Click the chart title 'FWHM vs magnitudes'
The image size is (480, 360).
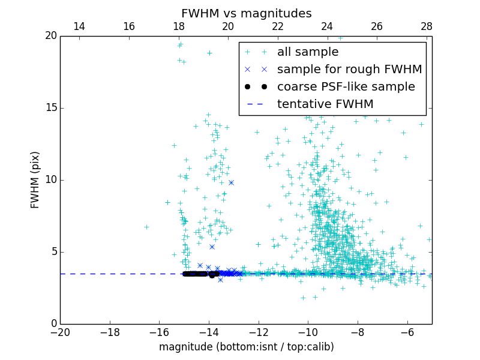tap(246, 13)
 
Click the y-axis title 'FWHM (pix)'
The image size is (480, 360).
tap(35, 179)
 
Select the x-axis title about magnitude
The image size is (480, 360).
tap(246, 347)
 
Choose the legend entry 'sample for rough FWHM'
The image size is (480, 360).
tap(349, 70)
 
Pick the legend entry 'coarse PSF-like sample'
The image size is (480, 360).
tap(346, 87)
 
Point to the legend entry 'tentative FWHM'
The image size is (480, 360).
tap(325, 104)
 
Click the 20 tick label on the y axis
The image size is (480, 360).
tap(50, 36)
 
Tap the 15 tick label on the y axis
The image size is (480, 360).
tap(50, 108)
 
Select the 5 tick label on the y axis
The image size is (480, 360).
tap(53, 251)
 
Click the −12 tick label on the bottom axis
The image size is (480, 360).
tap(259, 332)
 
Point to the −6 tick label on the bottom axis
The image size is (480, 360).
tap(407, 332)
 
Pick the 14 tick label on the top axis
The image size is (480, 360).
tap(79, 26)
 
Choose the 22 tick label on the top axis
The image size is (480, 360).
tap(278, 26)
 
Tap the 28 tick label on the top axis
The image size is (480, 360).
tap(427, 26)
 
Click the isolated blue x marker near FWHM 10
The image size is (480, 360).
tap(231, 182)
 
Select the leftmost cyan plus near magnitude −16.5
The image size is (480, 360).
tap(146, 227)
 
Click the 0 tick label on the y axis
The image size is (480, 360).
tap(53, 323)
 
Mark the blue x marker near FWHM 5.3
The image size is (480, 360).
tap(212, 247)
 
